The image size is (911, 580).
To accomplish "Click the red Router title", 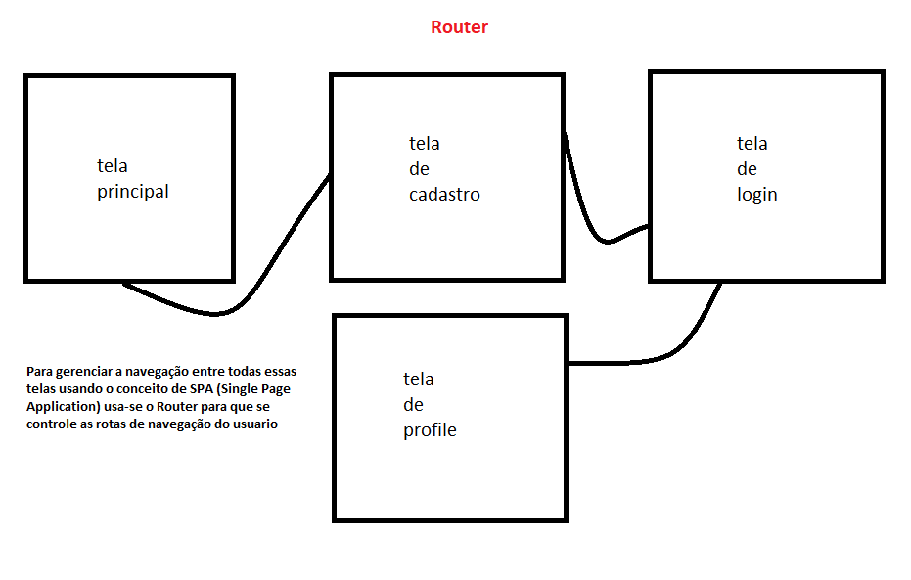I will pos(459,27).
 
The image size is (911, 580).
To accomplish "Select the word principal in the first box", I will pos(133,192).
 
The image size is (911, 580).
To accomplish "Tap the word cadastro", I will pos(444,195).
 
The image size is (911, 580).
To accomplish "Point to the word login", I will pos(756,195).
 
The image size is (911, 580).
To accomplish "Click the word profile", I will pos(430,430).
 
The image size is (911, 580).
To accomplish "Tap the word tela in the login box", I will pos(752,144).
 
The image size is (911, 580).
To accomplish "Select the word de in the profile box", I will pos(413,405).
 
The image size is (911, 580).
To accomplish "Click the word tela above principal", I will pos(112,166).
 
